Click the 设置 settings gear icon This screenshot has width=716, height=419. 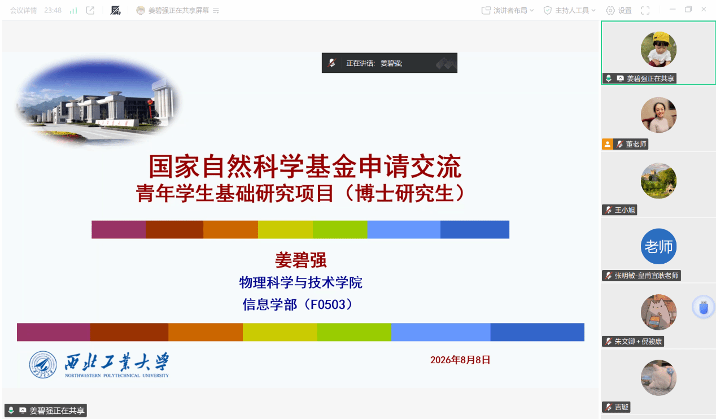610,11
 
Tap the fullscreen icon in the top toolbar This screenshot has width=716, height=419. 645,11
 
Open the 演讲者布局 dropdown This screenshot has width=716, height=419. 508,11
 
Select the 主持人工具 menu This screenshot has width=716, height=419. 569,11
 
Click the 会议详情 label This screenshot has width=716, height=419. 23,11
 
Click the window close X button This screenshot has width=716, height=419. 704,10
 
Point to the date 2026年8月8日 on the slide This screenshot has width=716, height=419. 460,360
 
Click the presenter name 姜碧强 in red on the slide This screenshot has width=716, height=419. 300,260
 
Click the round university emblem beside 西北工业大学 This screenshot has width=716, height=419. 43,365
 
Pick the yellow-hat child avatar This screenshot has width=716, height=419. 658,49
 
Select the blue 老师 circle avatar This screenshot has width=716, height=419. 658,246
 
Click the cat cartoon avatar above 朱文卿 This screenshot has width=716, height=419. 658,312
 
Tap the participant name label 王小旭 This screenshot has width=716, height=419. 625,210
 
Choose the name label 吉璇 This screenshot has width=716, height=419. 621,407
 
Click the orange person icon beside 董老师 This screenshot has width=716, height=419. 608,144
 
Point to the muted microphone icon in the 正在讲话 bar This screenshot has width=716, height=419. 331,63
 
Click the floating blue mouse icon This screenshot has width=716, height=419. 703,307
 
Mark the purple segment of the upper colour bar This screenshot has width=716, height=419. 119,229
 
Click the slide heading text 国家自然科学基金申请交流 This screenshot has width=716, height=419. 305,167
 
